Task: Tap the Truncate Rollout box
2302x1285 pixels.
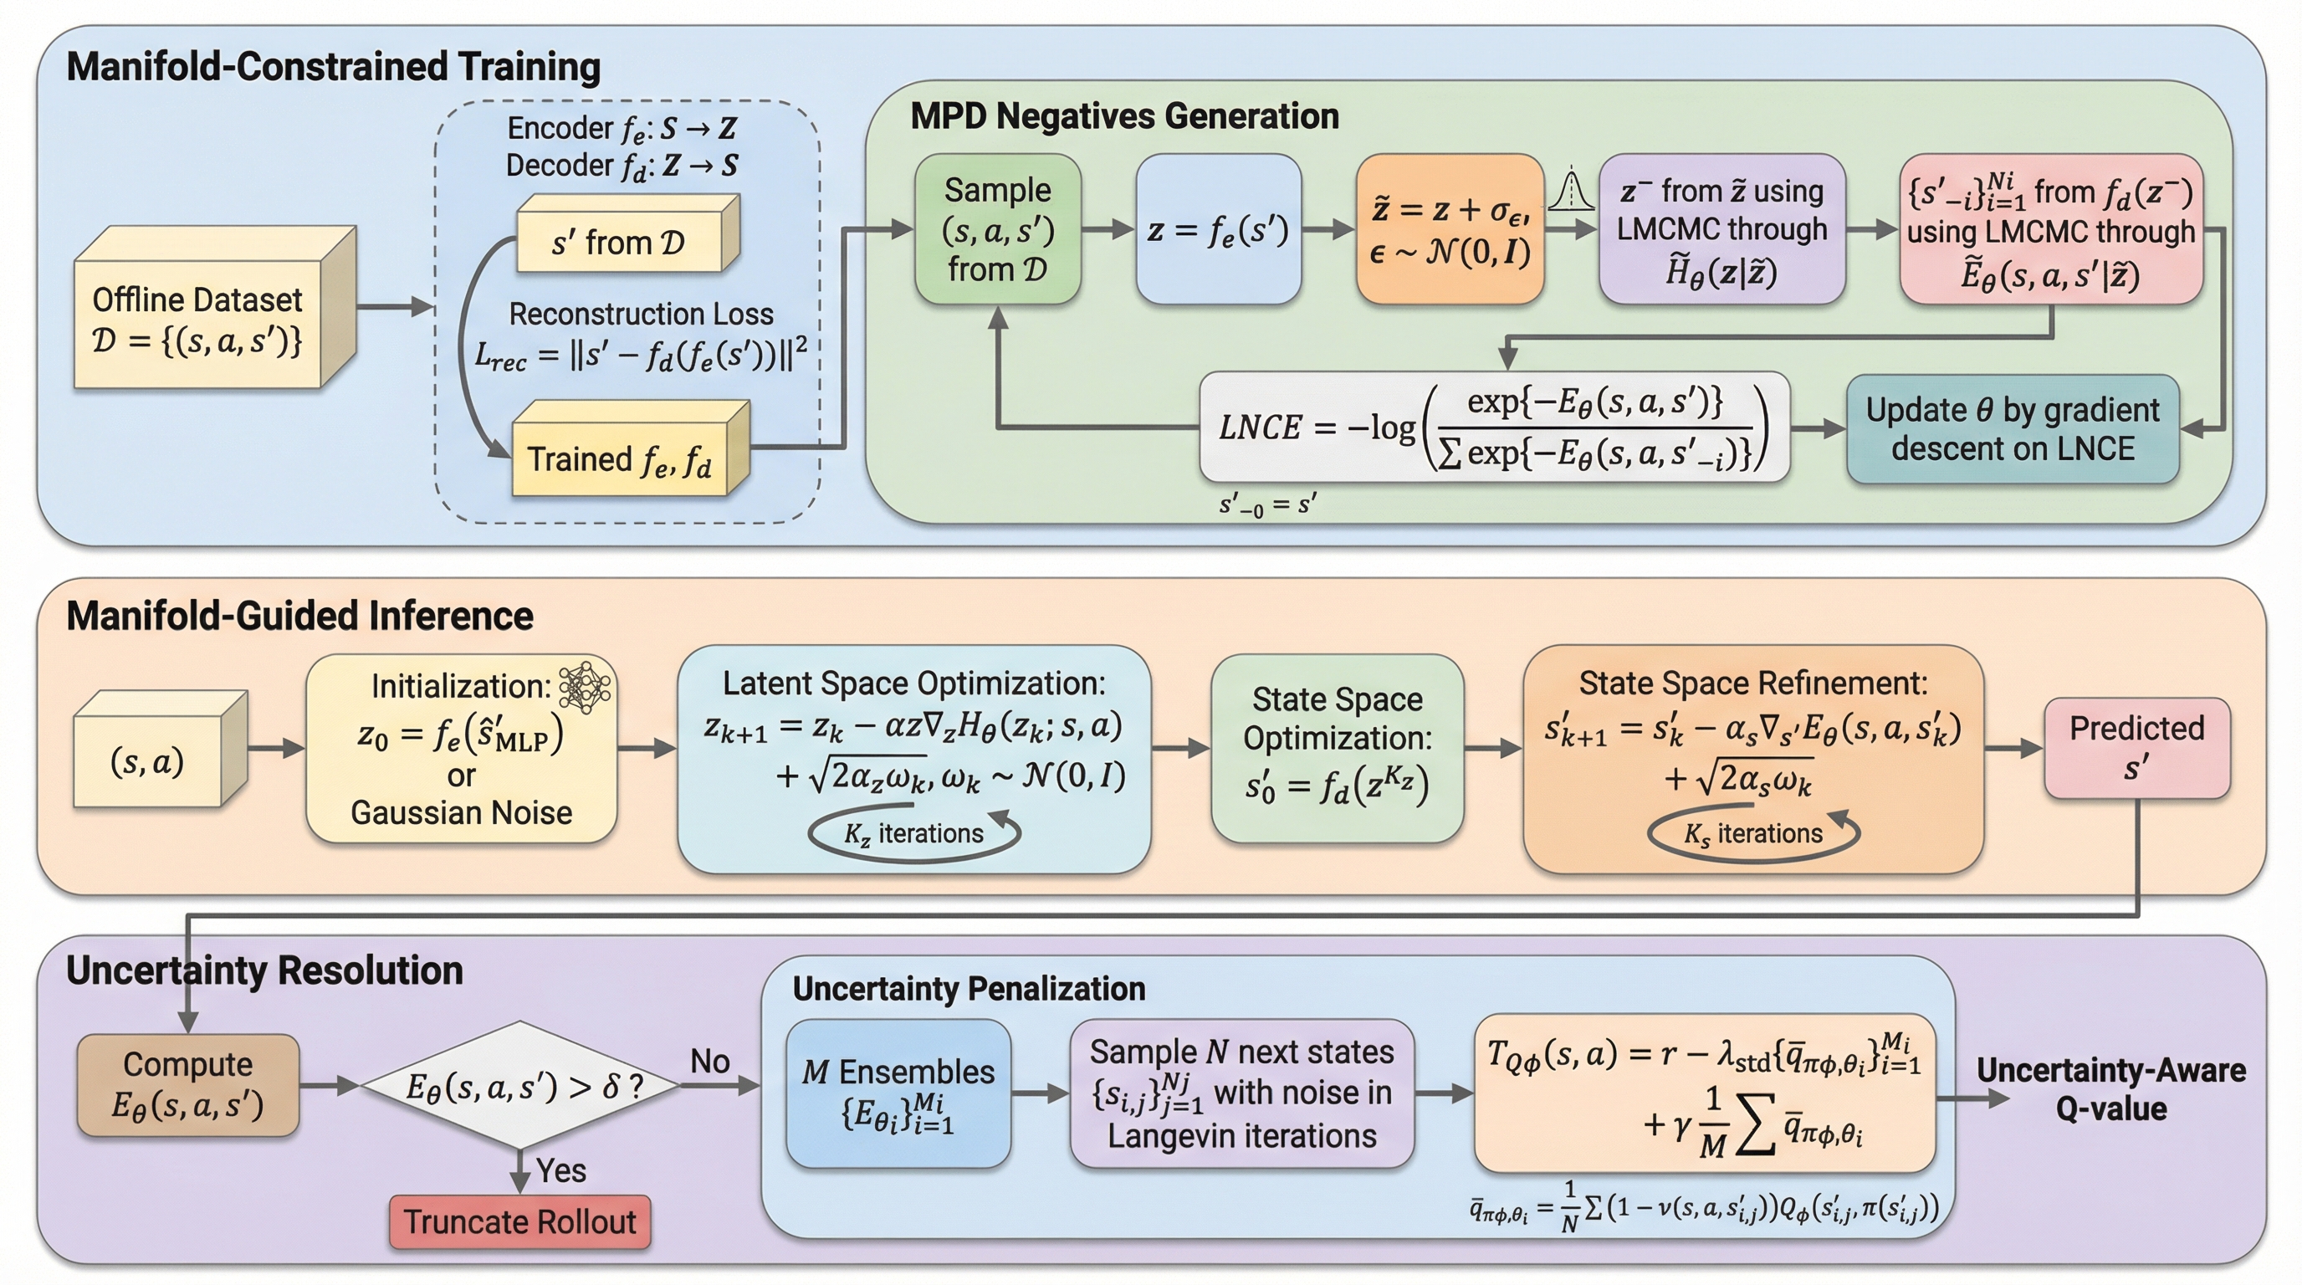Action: coord(520,1221)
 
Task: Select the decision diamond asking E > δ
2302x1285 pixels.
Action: coord(520,1086)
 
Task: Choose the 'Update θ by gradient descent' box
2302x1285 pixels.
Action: coord(2013,429)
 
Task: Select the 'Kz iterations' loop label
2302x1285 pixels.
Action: coord(913,834)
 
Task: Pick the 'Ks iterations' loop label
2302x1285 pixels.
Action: coord(1752,834)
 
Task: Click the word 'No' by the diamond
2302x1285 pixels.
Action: coord(710,1062)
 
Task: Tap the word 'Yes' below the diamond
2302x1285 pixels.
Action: coord(561,1170)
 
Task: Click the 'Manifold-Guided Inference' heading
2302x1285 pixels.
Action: coord(299,617)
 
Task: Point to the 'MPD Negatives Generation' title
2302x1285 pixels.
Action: coord(1124,116)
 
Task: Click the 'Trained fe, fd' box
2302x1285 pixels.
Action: coord(620,458)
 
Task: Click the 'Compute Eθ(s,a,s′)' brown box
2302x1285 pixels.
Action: coord(187,1085)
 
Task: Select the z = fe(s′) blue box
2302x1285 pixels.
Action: coord(1218,231)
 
